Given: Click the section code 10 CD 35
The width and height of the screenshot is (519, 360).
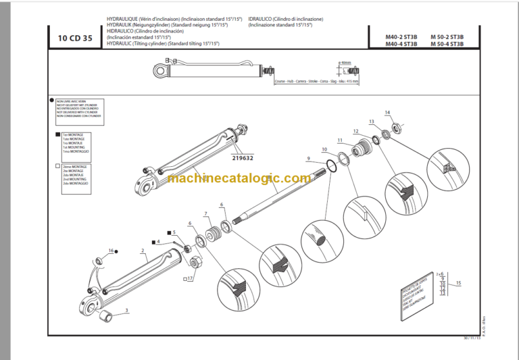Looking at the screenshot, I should click(70, 38).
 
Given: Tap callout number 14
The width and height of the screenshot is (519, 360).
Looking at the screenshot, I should click(387, 112).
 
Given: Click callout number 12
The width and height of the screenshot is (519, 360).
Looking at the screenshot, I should click(355, 131).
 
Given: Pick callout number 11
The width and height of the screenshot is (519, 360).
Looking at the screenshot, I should click(340, 140).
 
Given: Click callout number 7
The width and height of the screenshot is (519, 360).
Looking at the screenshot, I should click(206, 214).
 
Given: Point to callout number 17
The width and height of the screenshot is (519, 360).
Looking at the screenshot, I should click(190, 278).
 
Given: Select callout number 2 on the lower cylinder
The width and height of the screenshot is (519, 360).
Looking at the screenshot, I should click(143, 251).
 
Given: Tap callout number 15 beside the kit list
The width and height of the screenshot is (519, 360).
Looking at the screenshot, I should click(460, 283).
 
